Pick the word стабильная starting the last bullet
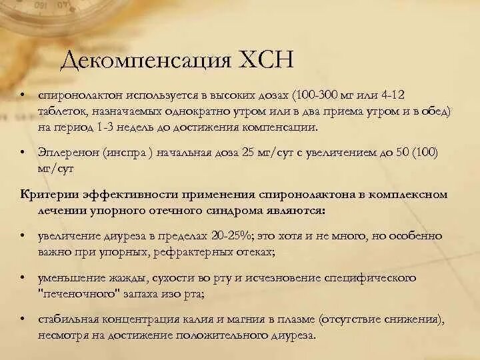pos(65,319)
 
